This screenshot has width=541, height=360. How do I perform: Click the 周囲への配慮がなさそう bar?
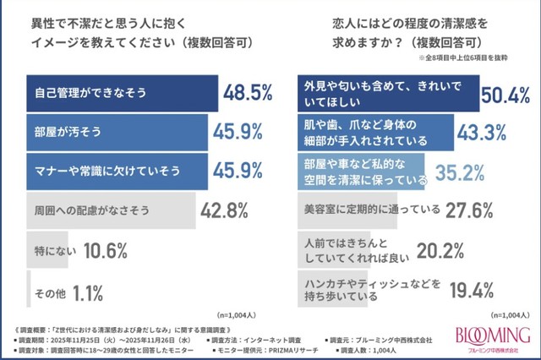coord(111,208)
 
